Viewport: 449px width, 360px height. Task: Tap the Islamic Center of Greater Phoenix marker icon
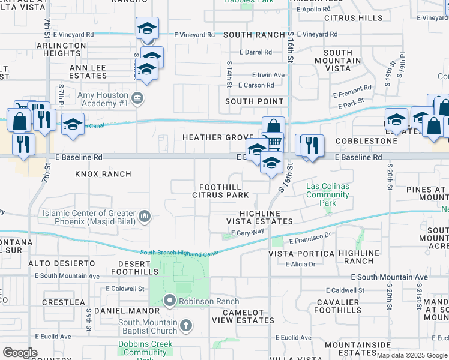coord(144,215)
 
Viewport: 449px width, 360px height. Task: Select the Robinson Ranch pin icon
coord(170,301)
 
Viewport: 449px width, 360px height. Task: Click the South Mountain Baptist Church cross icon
coord(186,325)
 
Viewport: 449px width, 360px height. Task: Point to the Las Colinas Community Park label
coord(327,195)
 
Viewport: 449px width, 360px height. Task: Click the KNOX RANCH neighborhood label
coord(103,174)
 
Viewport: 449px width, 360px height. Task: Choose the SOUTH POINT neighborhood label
coord(254,101)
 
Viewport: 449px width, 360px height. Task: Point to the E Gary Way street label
coord(250,232)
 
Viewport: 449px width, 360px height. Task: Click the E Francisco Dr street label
coord(310,238)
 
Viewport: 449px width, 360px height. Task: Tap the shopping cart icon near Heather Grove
coord(274,142)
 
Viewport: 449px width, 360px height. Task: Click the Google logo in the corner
coord(20,353)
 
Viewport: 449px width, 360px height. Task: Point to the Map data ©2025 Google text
coord(412,355)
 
